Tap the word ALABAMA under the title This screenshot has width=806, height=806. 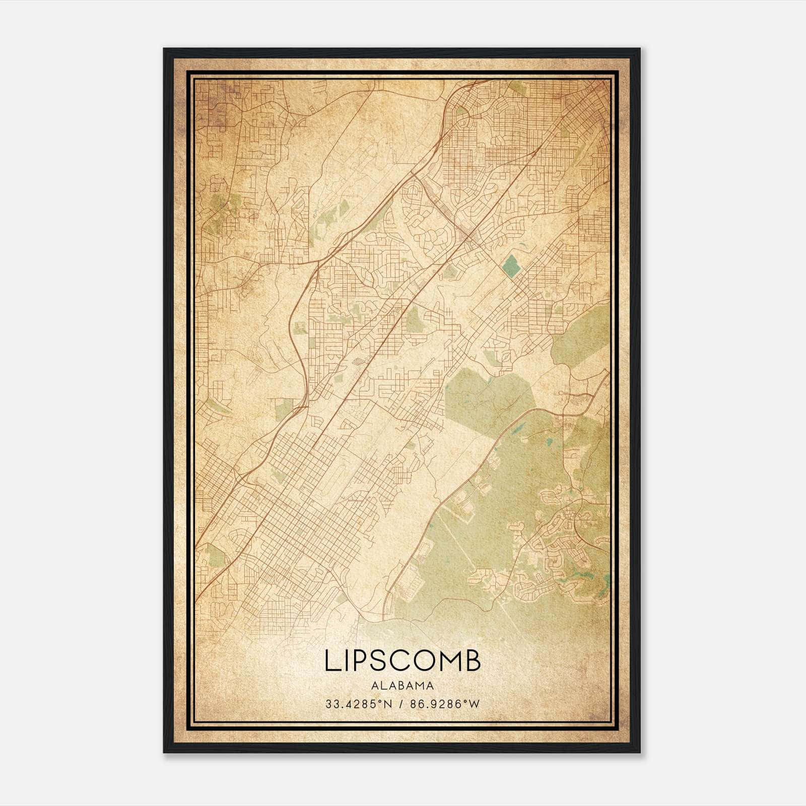click(x=402, y=685)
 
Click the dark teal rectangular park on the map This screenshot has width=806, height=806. click(x=511, y=265)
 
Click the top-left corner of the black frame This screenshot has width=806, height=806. click(x=165, y=49)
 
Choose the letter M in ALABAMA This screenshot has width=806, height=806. click(x=421, y=685)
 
